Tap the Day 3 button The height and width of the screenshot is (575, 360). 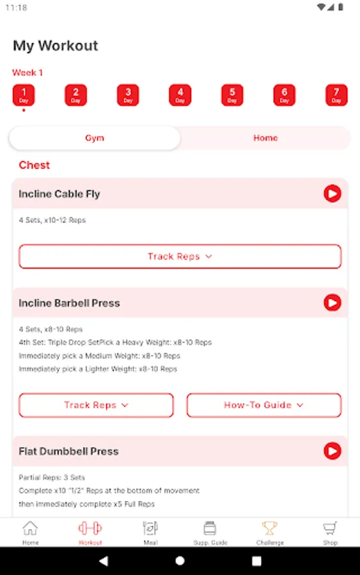[128, 95]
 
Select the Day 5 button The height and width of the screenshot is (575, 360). [232, 95]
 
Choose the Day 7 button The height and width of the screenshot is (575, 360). [336, 95]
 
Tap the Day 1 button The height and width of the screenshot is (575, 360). [24, 95]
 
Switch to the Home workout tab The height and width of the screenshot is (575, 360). [265, 138]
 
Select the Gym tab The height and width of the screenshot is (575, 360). [95, 138]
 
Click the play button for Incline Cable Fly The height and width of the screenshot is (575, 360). [333, 193]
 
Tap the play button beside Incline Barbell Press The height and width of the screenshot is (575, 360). [333, 303]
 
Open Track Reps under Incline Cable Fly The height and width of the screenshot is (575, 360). [180, 256]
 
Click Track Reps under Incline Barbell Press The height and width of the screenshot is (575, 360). [96, 405]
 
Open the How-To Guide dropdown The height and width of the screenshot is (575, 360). [264, 405]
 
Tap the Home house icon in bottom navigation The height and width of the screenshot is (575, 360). [30, 528]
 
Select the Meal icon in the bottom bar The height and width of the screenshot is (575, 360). [150, 528]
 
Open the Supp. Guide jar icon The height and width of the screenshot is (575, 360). [210, 528]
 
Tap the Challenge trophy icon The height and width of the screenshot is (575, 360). [270, 528]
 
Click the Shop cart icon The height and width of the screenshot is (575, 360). [329, 528]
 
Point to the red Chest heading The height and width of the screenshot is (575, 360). [34, 165]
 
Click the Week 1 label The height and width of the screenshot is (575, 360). [27, 73]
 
